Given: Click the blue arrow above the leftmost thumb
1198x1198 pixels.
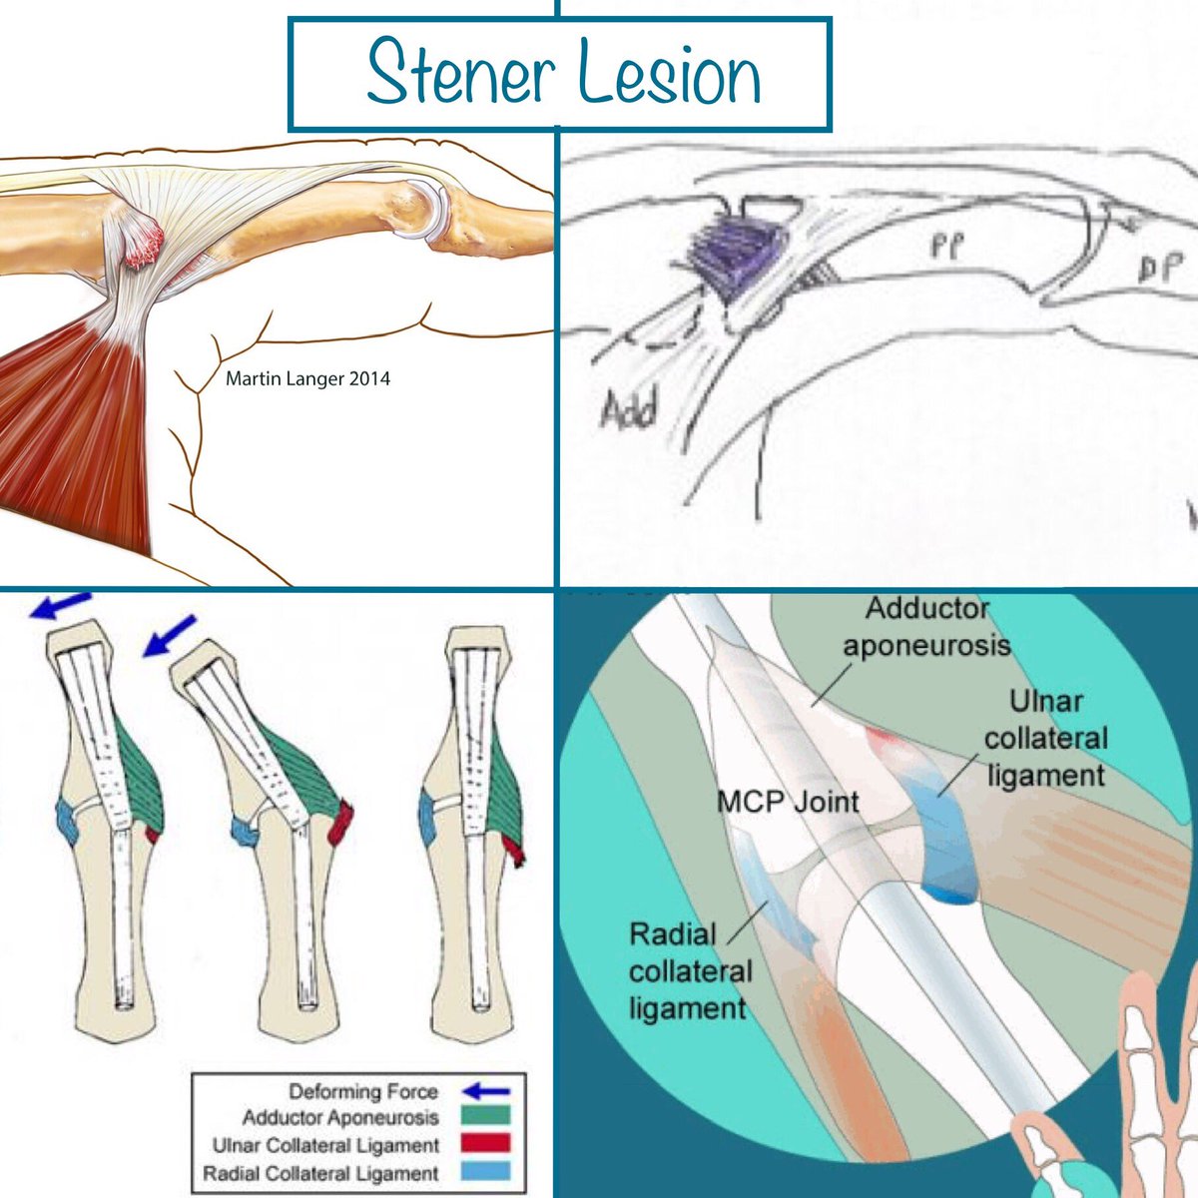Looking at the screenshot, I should point(59,607).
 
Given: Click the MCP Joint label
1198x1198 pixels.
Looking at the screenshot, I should point(788,800).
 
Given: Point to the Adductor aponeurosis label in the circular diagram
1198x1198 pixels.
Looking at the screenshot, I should point(926,626).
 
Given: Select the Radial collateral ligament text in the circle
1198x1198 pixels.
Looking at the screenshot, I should point(689,971).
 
